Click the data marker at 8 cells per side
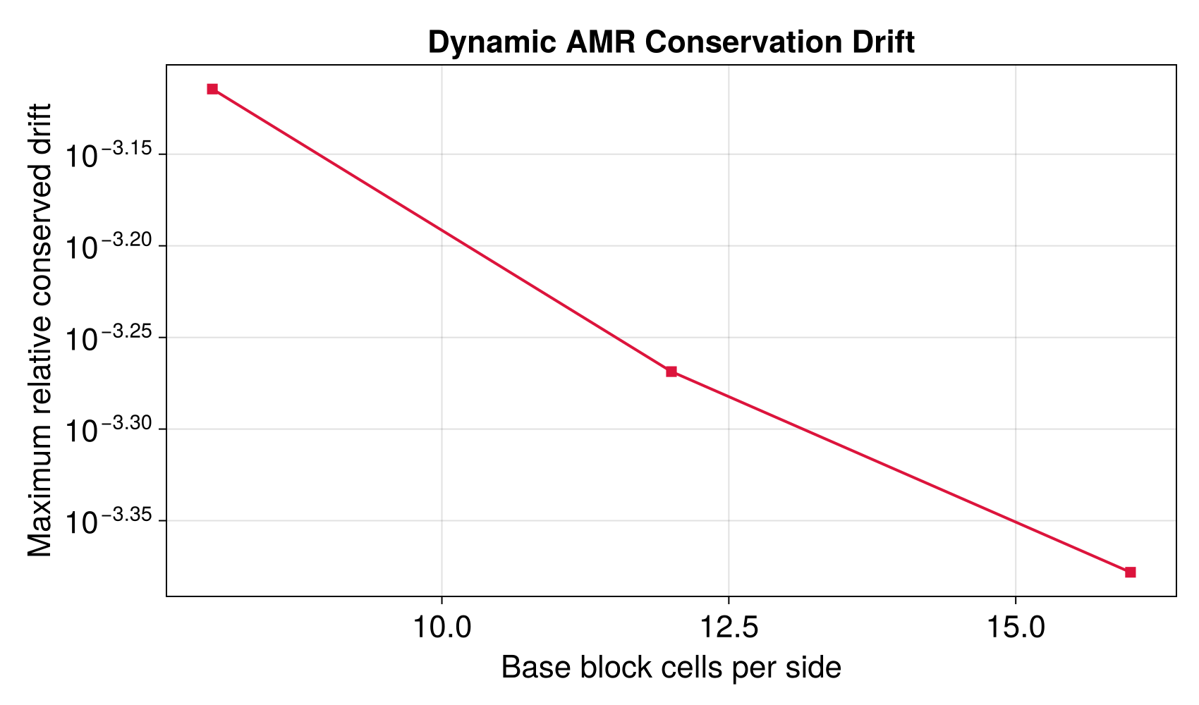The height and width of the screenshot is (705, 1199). pos(212,89)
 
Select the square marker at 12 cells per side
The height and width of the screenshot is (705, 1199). pos(671,372)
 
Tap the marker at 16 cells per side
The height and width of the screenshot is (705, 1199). pos(1131,572)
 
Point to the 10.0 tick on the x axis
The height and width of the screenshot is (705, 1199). pos(442,627)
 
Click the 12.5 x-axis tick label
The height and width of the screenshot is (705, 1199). pos(728,627)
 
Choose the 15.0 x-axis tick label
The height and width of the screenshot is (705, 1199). pos(1015,627)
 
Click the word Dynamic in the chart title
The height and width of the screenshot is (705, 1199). pos(492,43)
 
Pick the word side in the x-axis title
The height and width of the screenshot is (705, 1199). pos(817,668)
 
